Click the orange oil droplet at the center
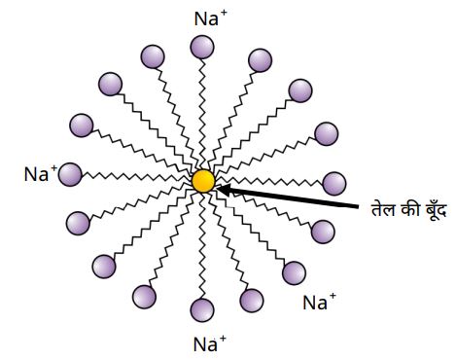click(203, 181)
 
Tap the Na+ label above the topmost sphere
click(211, 18)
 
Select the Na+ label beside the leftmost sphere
click(41, 173)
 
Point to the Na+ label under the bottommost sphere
click(210, 343)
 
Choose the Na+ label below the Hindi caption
click(319, 302)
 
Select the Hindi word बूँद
click(436, 209)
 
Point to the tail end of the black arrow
click(358, 205)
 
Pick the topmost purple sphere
click(202, 47)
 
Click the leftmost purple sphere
click(70, 174)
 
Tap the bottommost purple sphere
click(202, 310)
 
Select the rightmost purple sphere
click(334, 184)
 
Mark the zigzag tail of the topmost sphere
click(202, 114)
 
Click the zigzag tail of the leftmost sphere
click(136, 177)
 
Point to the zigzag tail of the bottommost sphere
click(202, 245)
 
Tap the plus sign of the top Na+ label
click(224, 15)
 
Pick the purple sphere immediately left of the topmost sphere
click(153, 56)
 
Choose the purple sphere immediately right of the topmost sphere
click(260, 60)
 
